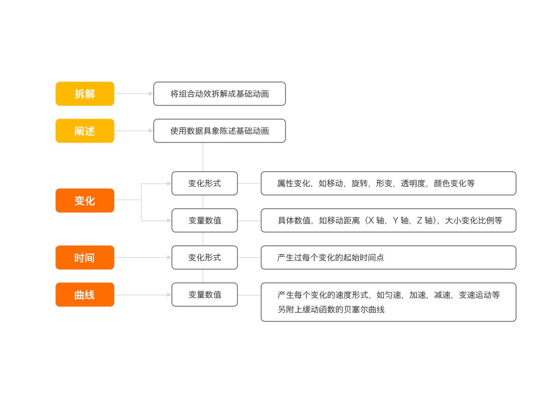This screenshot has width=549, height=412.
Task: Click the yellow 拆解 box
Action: click(x=85, y=94)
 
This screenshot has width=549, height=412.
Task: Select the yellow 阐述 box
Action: click(x=85, y=131)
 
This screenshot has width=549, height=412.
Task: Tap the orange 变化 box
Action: click(x=85, y=200)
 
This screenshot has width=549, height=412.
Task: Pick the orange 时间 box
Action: click(x=85, y=257)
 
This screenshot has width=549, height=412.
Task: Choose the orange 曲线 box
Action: click(x=85, y=295)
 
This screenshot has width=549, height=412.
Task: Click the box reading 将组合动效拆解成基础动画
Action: click(x=220, y=94)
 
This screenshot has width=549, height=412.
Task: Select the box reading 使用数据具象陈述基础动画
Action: click(x=220, y=131)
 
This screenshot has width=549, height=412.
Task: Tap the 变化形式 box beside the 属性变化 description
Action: click(x=204, y=183)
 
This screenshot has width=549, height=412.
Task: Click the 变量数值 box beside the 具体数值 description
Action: click(x=204, y=220)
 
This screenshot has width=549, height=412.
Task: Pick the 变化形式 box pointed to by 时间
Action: click(x=204, y=257)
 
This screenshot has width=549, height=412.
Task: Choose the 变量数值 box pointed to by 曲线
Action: click(x=204, y=295)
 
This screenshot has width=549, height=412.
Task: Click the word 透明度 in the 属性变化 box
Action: click(x=412, y=183)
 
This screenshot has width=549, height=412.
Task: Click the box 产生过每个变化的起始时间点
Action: click(x=388, y=257)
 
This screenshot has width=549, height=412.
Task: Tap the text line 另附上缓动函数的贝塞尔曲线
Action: click(x=331, y=309)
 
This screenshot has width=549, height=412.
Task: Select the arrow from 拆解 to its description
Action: click(x=134, y=94)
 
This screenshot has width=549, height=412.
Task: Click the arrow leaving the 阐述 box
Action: click(x=134, y=131)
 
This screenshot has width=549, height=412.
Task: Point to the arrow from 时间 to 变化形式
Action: click(x=143, y=257)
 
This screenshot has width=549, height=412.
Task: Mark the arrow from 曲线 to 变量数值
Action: click(x=143, y=295)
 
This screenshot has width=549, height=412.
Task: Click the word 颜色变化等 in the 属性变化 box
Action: click(x=454, y=183)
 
